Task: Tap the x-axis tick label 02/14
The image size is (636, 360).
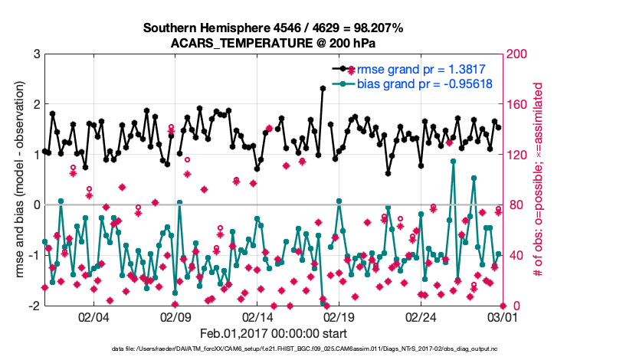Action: (x=257, y=317)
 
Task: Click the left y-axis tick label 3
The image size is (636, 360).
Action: (x=35, y=54)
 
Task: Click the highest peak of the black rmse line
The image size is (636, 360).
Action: (x=323, y=88)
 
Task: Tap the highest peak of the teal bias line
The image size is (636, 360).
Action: (x=453, y=161)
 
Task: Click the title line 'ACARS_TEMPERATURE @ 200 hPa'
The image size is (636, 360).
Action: (x=273, y=43)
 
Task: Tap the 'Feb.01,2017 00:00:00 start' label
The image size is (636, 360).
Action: (x=273, y=333)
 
